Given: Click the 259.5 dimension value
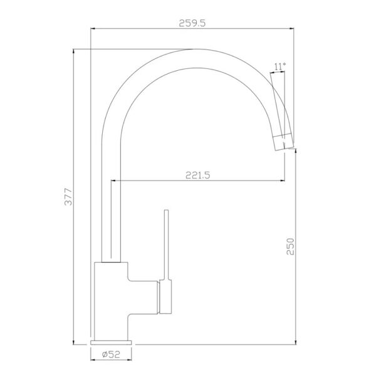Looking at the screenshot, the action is [192, 23].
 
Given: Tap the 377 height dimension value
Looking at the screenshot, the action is [68, 197].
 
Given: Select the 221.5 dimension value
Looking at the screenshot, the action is [198, 175].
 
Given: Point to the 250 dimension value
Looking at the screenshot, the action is [290, 246].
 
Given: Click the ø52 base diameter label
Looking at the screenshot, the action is [111, 354].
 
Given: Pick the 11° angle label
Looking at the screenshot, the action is [280, 66].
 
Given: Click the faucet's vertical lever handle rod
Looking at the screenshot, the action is [166, 244].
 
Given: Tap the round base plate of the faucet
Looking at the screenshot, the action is [111, 342].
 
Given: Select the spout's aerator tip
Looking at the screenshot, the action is [284, 142].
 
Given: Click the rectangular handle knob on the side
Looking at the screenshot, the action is [165, 296].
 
